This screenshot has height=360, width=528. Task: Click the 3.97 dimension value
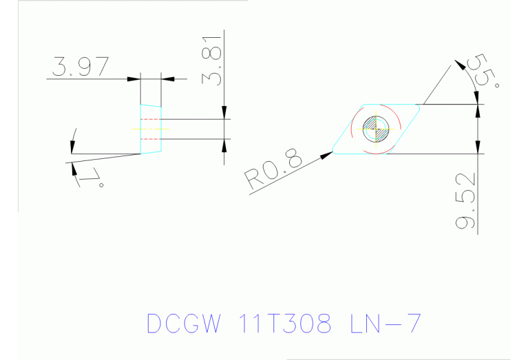[80, 67]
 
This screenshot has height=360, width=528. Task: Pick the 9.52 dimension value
[468, 204]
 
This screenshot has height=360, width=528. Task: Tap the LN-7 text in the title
[383, 323]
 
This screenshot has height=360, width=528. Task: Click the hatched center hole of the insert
[377, 128]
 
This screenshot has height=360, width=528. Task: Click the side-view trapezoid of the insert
[151, 129]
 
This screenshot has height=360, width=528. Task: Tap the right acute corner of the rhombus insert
[421, 105]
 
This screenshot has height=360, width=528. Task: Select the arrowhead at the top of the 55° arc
[459, 65]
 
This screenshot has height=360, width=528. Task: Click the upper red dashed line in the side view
[151, 119]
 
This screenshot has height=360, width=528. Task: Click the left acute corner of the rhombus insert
[333, 152]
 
